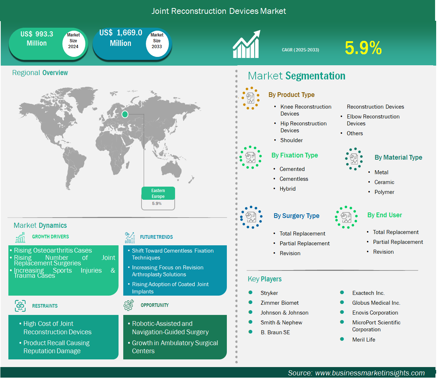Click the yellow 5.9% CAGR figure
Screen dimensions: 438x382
click(363, 48)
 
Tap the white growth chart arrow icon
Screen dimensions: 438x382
click(246, 44)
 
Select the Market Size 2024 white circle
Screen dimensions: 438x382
click(73, 44)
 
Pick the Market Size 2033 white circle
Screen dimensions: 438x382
click(157, 44)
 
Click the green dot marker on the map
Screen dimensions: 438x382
click(125, 114)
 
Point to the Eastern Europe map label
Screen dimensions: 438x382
click(158, 193)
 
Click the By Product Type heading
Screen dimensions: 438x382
click(291, 94)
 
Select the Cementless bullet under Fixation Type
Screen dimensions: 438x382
click(294, 179)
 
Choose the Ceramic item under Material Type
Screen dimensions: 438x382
click(384, 182)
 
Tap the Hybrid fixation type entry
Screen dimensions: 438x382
click(287, 189)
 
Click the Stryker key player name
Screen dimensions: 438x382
click(269, 293)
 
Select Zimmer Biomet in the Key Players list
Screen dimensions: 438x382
click(279, 303)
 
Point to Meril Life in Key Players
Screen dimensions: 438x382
click(364, 339)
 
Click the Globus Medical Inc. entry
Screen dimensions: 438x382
click(376, 303)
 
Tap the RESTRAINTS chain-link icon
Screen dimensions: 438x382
click(20, 306)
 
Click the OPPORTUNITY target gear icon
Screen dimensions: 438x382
click(129, 305)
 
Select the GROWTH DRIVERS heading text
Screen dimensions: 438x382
click(51, 237)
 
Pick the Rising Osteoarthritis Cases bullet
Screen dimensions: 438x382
click(53, 250)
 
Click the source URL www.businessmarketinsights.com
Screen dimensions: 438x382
click(370, 373)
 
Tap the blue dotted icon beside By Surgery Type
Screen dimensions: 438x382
click(251, 217)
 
